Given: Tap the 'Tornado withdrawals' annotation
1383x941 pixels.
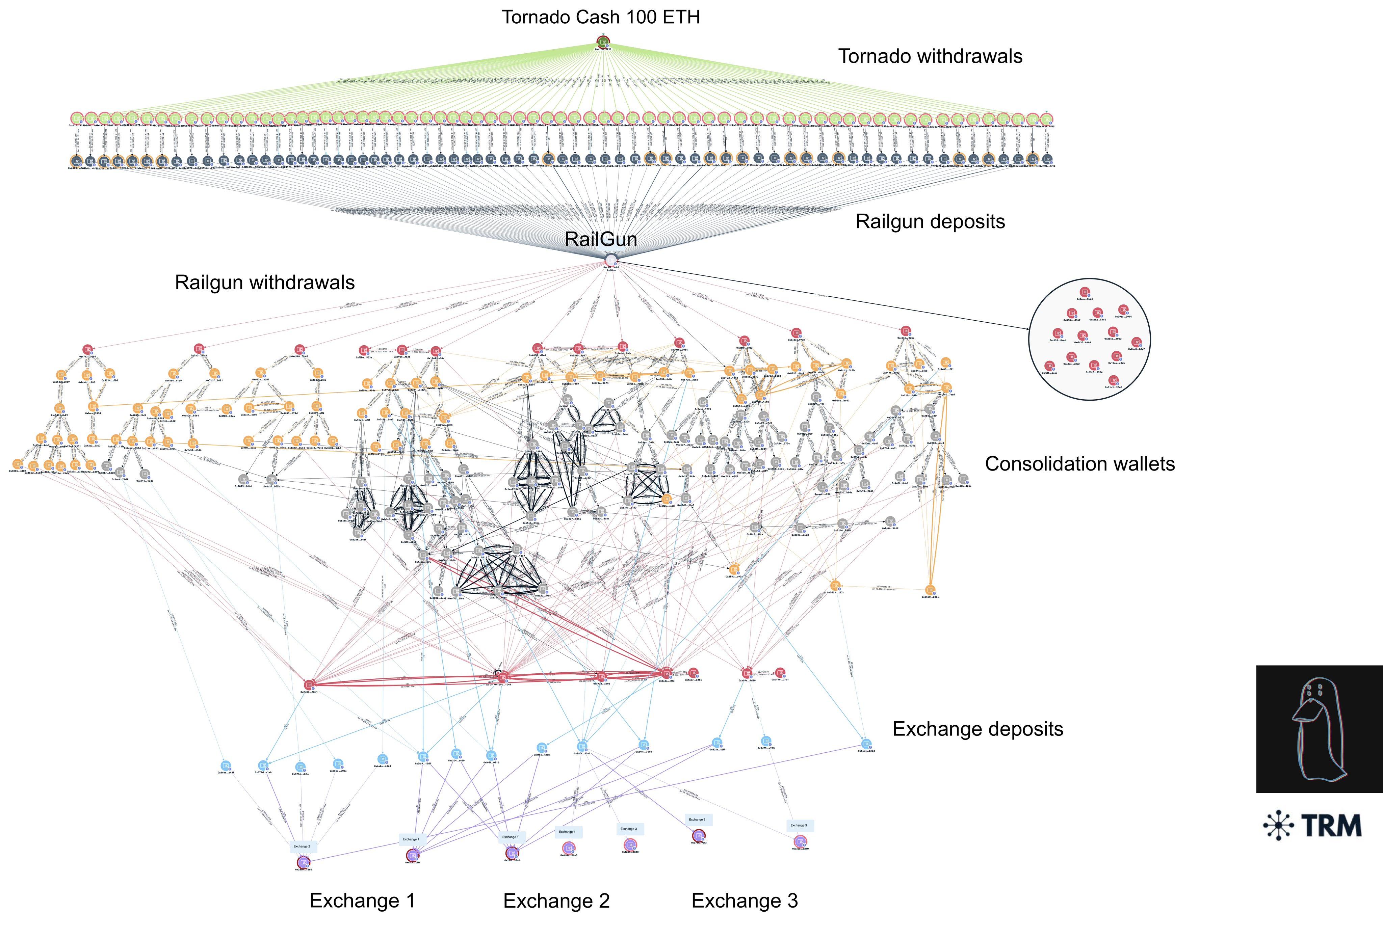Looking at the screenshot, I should pos(930,56).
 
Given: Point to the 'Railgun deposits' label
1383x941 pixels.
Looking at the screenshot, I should pos(930,221).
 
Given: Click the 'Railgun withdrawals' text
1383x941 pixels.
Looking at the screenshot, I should pos(265,283).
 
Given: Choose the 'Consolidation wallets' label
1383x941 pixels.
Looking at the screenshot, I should pos(1079,464).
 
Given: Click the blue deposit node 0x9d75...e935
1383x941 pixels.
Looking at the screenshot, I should pos(766,741).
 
